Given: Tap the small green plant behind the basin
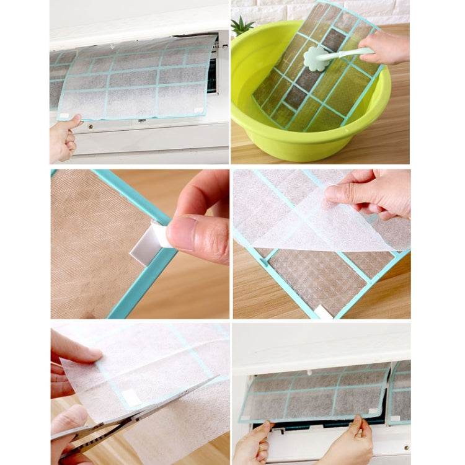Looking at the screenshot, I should (x=242, y=26).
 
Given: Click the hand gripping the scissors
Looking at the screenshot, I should (x=68, y=434).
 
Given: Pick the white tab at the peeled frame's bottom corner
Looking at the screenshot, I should (x=323, y=311).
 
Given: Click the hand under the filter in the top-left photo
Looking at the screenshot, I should (x=63, y=138).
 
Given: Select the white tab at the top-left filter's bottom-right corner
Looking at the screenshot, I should (x=198, y=110).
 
